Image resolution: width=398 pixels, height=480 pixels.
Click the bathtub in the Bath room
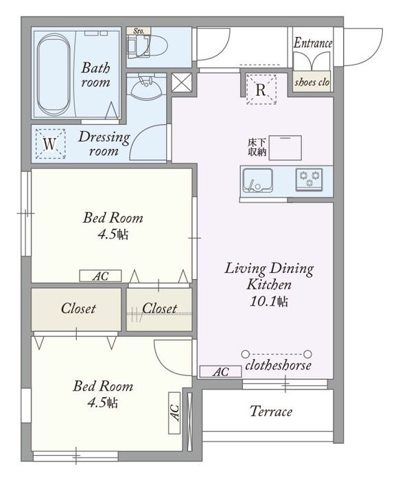tap(54, 74)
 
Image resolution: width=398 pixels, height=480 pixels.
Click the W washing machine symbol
tap(50, 144)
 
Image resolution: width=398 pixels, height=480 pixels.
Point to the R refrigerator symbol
tap(261, 89)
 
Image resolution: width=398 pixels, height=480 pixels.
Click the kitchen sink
tap(257, 180)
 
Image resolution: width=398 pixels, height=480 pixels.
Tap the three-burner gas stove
tap(309, 180)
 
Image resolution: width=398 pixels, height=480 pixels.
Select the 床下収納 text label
tap(257, 147)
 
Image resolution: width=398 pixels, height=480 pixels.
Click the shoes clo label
tap(312, 82)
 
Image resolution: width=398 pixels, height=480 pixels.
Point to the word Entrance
tap(313, 43)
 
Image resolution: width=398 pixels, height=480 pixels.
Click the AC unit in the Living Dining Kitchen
tap(220, 372)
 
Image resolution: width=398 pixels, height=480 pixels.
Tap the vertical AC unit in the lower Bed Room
tap(174, 413)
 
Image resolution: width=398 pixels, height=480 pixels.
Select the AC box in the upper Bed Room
tap(100, 276)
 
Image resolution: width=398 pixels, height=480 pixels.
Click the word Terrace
tap(271, 411)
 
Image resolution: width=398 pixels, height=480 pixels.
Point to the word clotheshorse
tap(278, 365)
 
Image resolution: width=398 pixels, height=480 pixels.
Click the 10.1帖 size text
tap(269, 302)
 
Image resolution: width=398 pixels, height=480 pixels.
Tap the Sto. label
tap(139, 31)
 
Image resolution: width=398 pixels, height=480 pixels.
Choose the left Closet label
tap(78, 309)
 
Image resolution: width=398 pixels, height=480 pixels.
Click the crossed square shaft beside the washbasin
tap(181, 83)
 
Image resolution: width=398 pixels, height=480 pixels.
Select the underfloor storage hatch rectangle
tap(285, 148)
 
